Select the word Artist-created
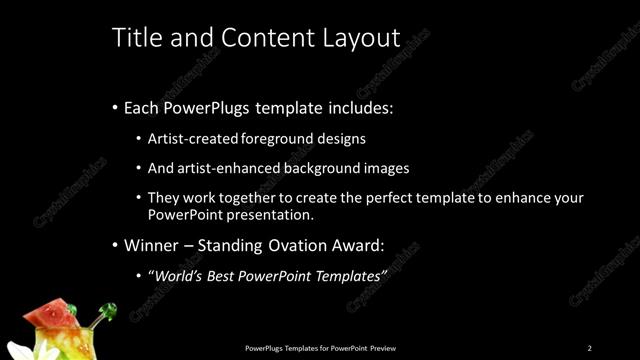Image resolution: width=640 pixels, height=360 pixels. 192,139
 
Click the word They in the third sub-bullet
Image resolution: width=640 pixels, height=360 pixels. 163,198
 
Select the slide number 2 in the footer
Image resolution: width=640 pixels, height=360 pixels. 589,348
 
